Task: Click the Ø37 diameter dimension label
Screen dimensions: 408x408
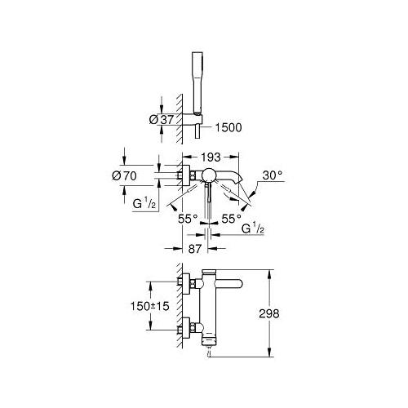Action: (162, 119)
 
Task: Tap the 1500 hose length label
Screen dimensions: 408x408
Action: (228, 127)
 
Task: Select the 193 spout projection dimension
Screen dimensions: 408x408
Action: (211, 157)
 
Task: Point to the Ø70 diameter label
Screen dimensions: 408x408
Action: (124, 175)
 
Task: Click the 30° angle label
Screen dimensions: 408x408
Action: (273, 175)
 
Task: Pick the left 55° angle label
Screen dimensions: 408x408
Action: (188, 219)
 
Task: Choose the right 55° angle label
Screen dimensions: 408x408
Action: (232, 219)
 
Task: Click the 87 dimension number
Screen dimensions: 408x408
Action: (195, 249)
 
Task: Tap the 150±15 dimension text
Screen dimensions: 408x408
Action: (150, 306)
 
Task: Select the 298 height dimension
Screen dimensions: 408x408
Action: (269, 313)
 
